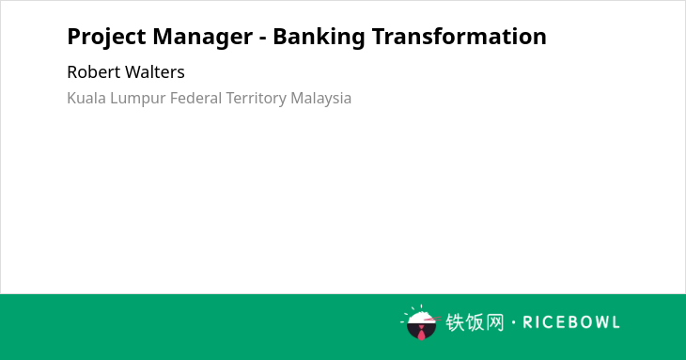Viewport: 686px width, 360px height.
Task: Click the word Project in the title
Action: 106,38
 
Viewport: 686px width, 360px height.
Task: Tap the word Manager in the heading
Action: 203,38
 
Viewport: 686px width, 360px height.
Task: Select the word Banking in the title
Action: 319,38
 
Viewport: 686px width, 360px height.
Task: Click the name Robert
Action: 94,71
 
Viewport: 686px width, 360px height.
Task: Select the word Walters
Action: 155,71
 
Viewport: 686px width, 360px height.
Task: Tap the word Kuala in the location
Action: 86,98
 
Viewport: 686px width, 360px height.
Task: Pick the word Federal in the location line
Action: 196,98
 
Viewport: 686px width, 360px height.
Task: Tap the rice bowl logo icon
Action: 421,322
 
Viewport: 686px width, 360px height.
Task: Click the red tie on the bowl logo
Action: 421,333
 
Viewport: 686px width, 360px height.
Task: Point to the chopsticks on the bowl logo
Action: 432,320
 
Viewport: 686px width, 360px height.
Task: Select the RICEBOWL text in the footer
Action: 571,322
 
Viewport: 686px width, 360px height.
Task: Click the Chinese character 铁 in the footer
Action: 455,322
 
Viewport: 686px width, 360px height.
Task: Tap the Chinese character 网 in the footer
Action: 495,322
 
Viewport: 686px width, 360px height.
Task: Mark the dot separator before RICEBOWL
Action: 514,322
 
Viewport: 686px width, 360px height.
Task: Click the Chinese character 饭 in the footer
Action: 476,322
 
